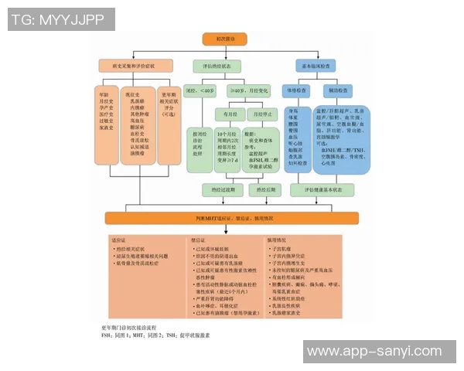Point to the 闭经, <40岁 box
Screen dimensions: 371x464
point(200,90)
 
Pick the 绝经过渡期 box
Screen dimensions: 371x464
point(217,188)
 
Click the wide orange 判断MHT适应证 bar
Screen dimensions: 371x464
point(232,218)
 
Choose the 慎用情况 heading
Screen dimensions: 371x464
point(276,240)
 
